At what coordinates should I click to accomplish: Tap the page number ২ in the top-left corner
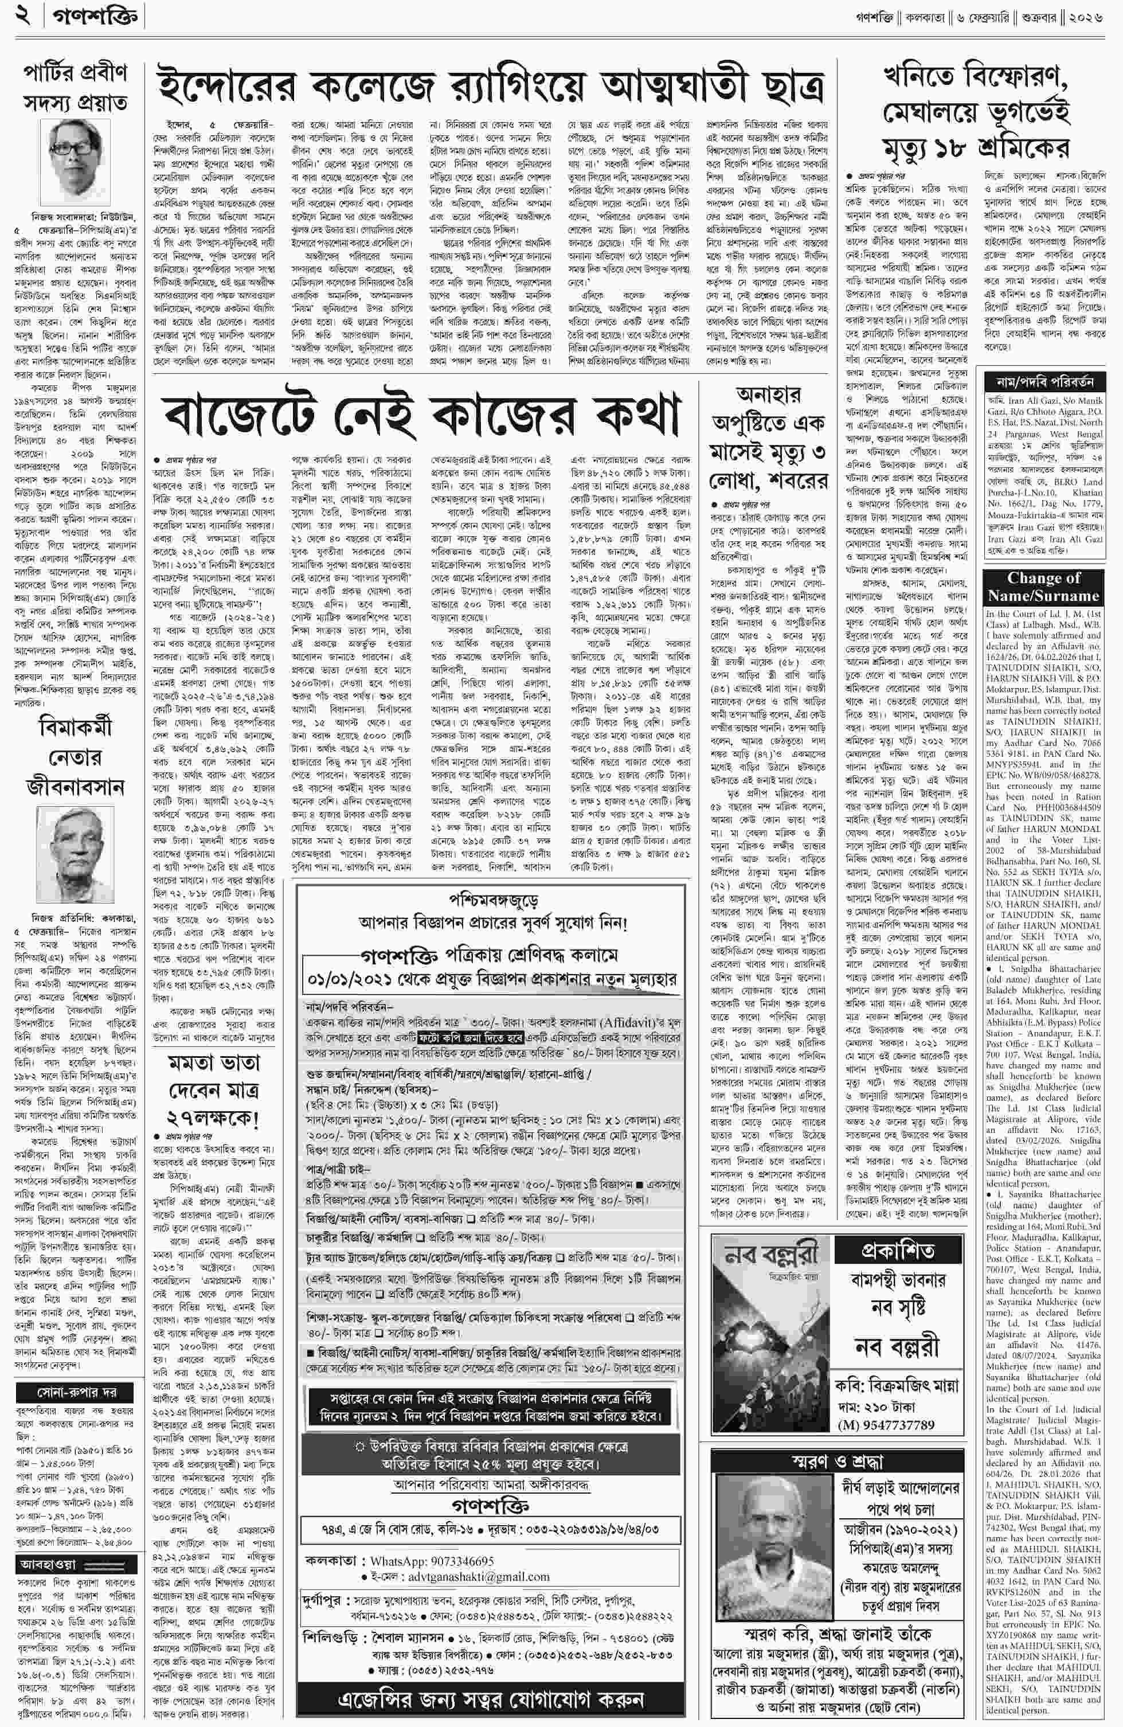coord(24,16)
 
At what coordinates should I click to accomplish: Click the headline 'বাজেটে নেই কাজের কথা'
coord(422,416)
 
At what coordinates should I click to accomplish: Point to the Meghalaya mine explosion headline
coord(976,112)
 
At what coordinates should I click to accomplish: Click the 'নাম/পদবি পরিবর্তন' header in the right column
coord(1043,381)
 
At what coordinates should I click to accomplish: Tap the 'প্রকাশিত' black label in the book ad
coord(897,1251)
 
